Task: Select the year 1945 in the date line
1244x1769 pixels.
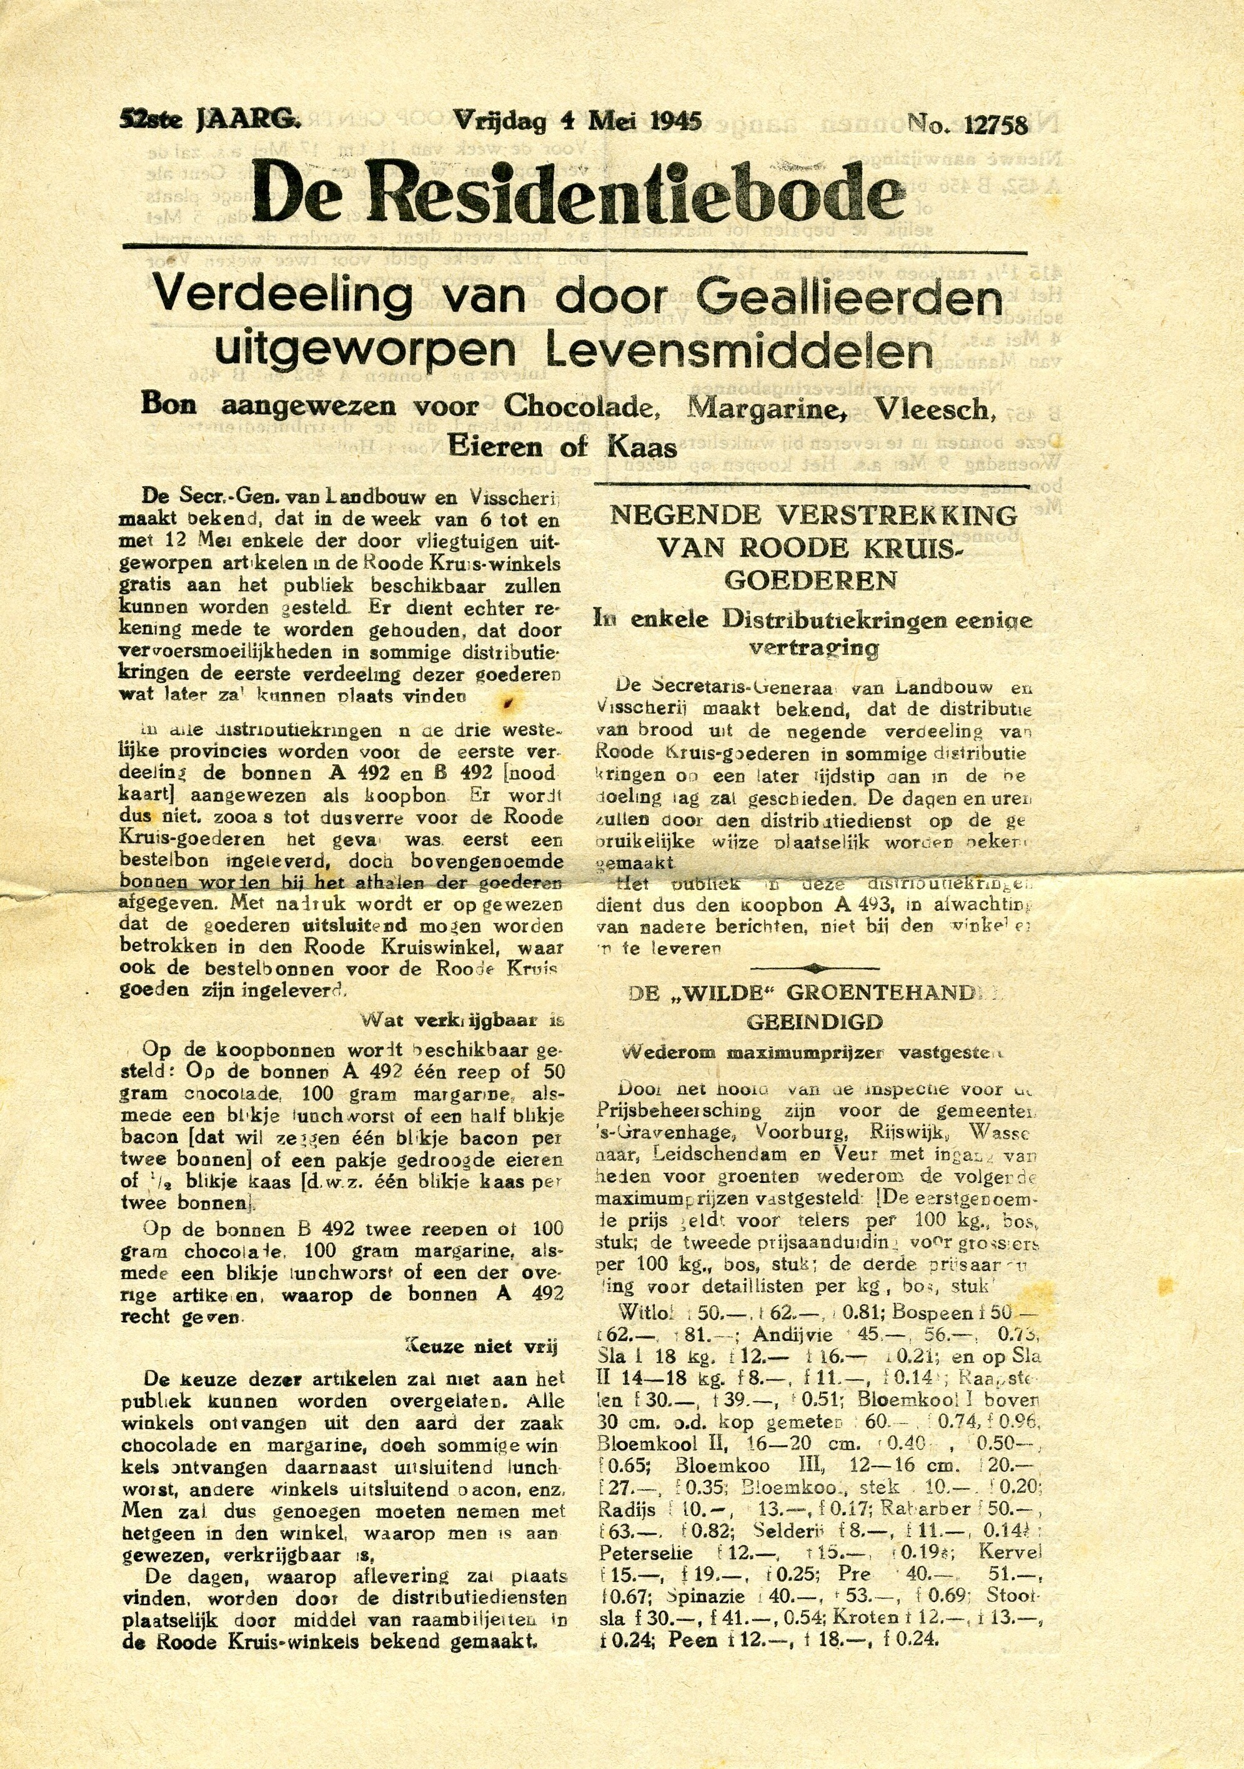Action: (676, 121)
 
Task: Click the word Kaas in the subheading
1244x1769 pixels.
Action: (642, 447)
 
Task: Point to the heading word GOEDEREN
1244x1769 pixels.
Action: (810, 579)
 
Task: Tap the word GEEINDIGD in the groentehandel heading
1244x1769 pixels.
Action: (814, 1022)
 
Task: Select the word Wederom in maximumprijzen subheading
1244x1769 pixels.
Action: (668, 1052)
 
